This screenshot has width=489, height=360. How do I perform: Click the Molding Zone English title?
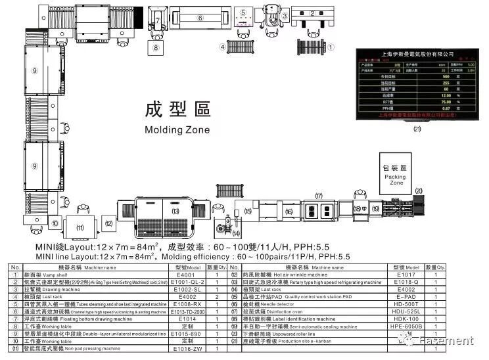(177, 129)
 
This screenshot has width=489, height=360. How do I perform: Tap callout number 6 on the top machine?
(200, 18)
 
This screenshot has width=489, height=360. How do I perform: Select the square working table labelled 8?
(156, 47)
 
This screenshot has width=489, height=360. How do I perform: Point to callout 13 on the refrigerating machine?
(175, 211)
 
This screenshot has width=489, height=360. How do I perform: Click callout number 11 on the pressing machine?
(81, 227)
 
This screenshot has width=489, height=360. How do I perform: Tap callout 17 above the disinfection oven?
(319, 196)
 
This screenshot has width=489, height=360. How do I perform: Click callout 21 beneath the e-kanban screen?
(417, 129)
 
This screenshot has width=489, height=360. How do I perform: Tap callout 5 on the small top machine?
(243, 12)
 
